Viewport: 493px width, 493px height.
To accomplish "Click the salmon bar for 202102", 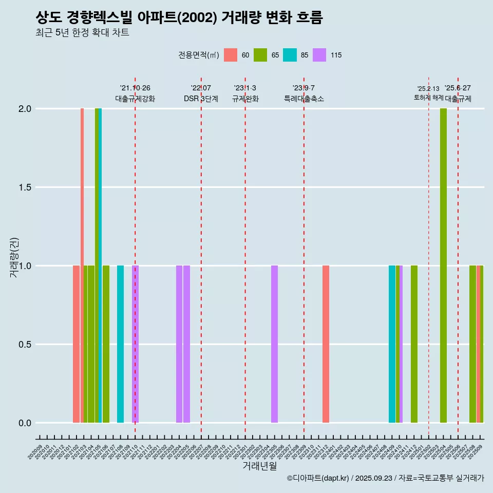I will click(x=76, y=344).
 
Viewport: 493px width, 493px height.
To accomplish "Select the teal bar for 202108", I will click(x=120, y=344).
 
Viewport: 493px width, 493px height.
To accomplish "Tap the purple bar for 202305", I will click(x=274, y=344).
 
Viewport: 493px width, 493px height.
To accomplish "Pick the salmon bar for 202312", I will click(x=326, y=344).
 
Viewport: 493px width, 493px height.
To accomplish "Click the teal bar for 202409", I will click(x=392, y=344).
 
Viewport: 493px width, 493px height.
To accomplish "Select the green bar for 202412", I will click(x=414, y=344).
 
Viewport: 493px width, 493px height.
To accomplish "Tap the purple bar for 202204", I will click(x=179, y=344).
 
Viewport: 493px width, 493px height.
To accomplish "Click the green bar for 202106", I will click(x=106, y=344).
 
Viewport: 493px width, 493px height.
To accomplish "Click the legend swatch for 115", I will click(x=319, y=55).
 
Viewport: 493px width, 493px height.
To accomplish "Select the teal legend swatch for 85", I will click(x=290, y=55).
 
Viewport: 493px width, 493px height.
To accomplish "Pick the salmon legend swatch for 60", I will click(x=231, y=55).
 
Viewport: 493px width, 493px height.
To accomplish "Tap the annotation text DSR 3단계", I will click(x=201, y=99).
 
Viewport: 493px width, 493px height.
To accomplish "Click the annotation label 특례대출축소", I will click(x=304, y=99).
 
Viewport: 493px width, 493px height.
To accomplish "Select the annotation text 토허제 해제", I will click(x=428, y=98).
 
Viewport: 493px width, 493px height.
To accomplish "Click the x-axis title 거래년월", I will click(x=259, y=466).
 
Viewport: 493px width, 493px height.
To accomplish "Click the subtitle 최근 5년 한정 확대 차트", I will click(x=82, y=33).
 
